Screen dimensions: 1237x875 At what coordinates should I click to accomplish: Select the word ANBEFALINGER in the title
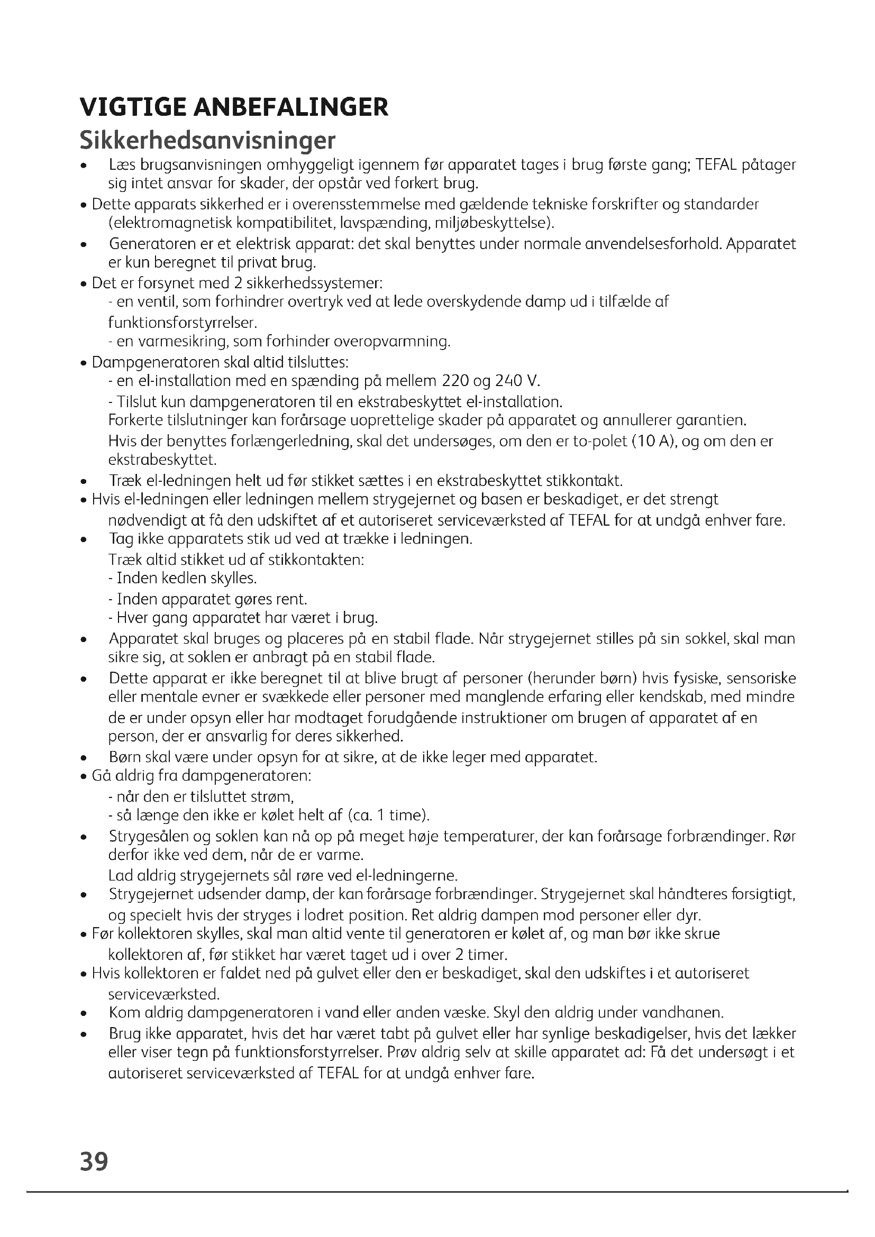click(290, 107)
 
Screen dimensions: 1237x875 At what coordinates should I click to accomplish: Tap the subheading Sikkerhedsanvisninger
click(207, 140)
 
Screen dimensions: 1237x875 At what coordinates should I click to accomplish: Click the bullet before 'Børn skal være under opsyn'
click(83, 758)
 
